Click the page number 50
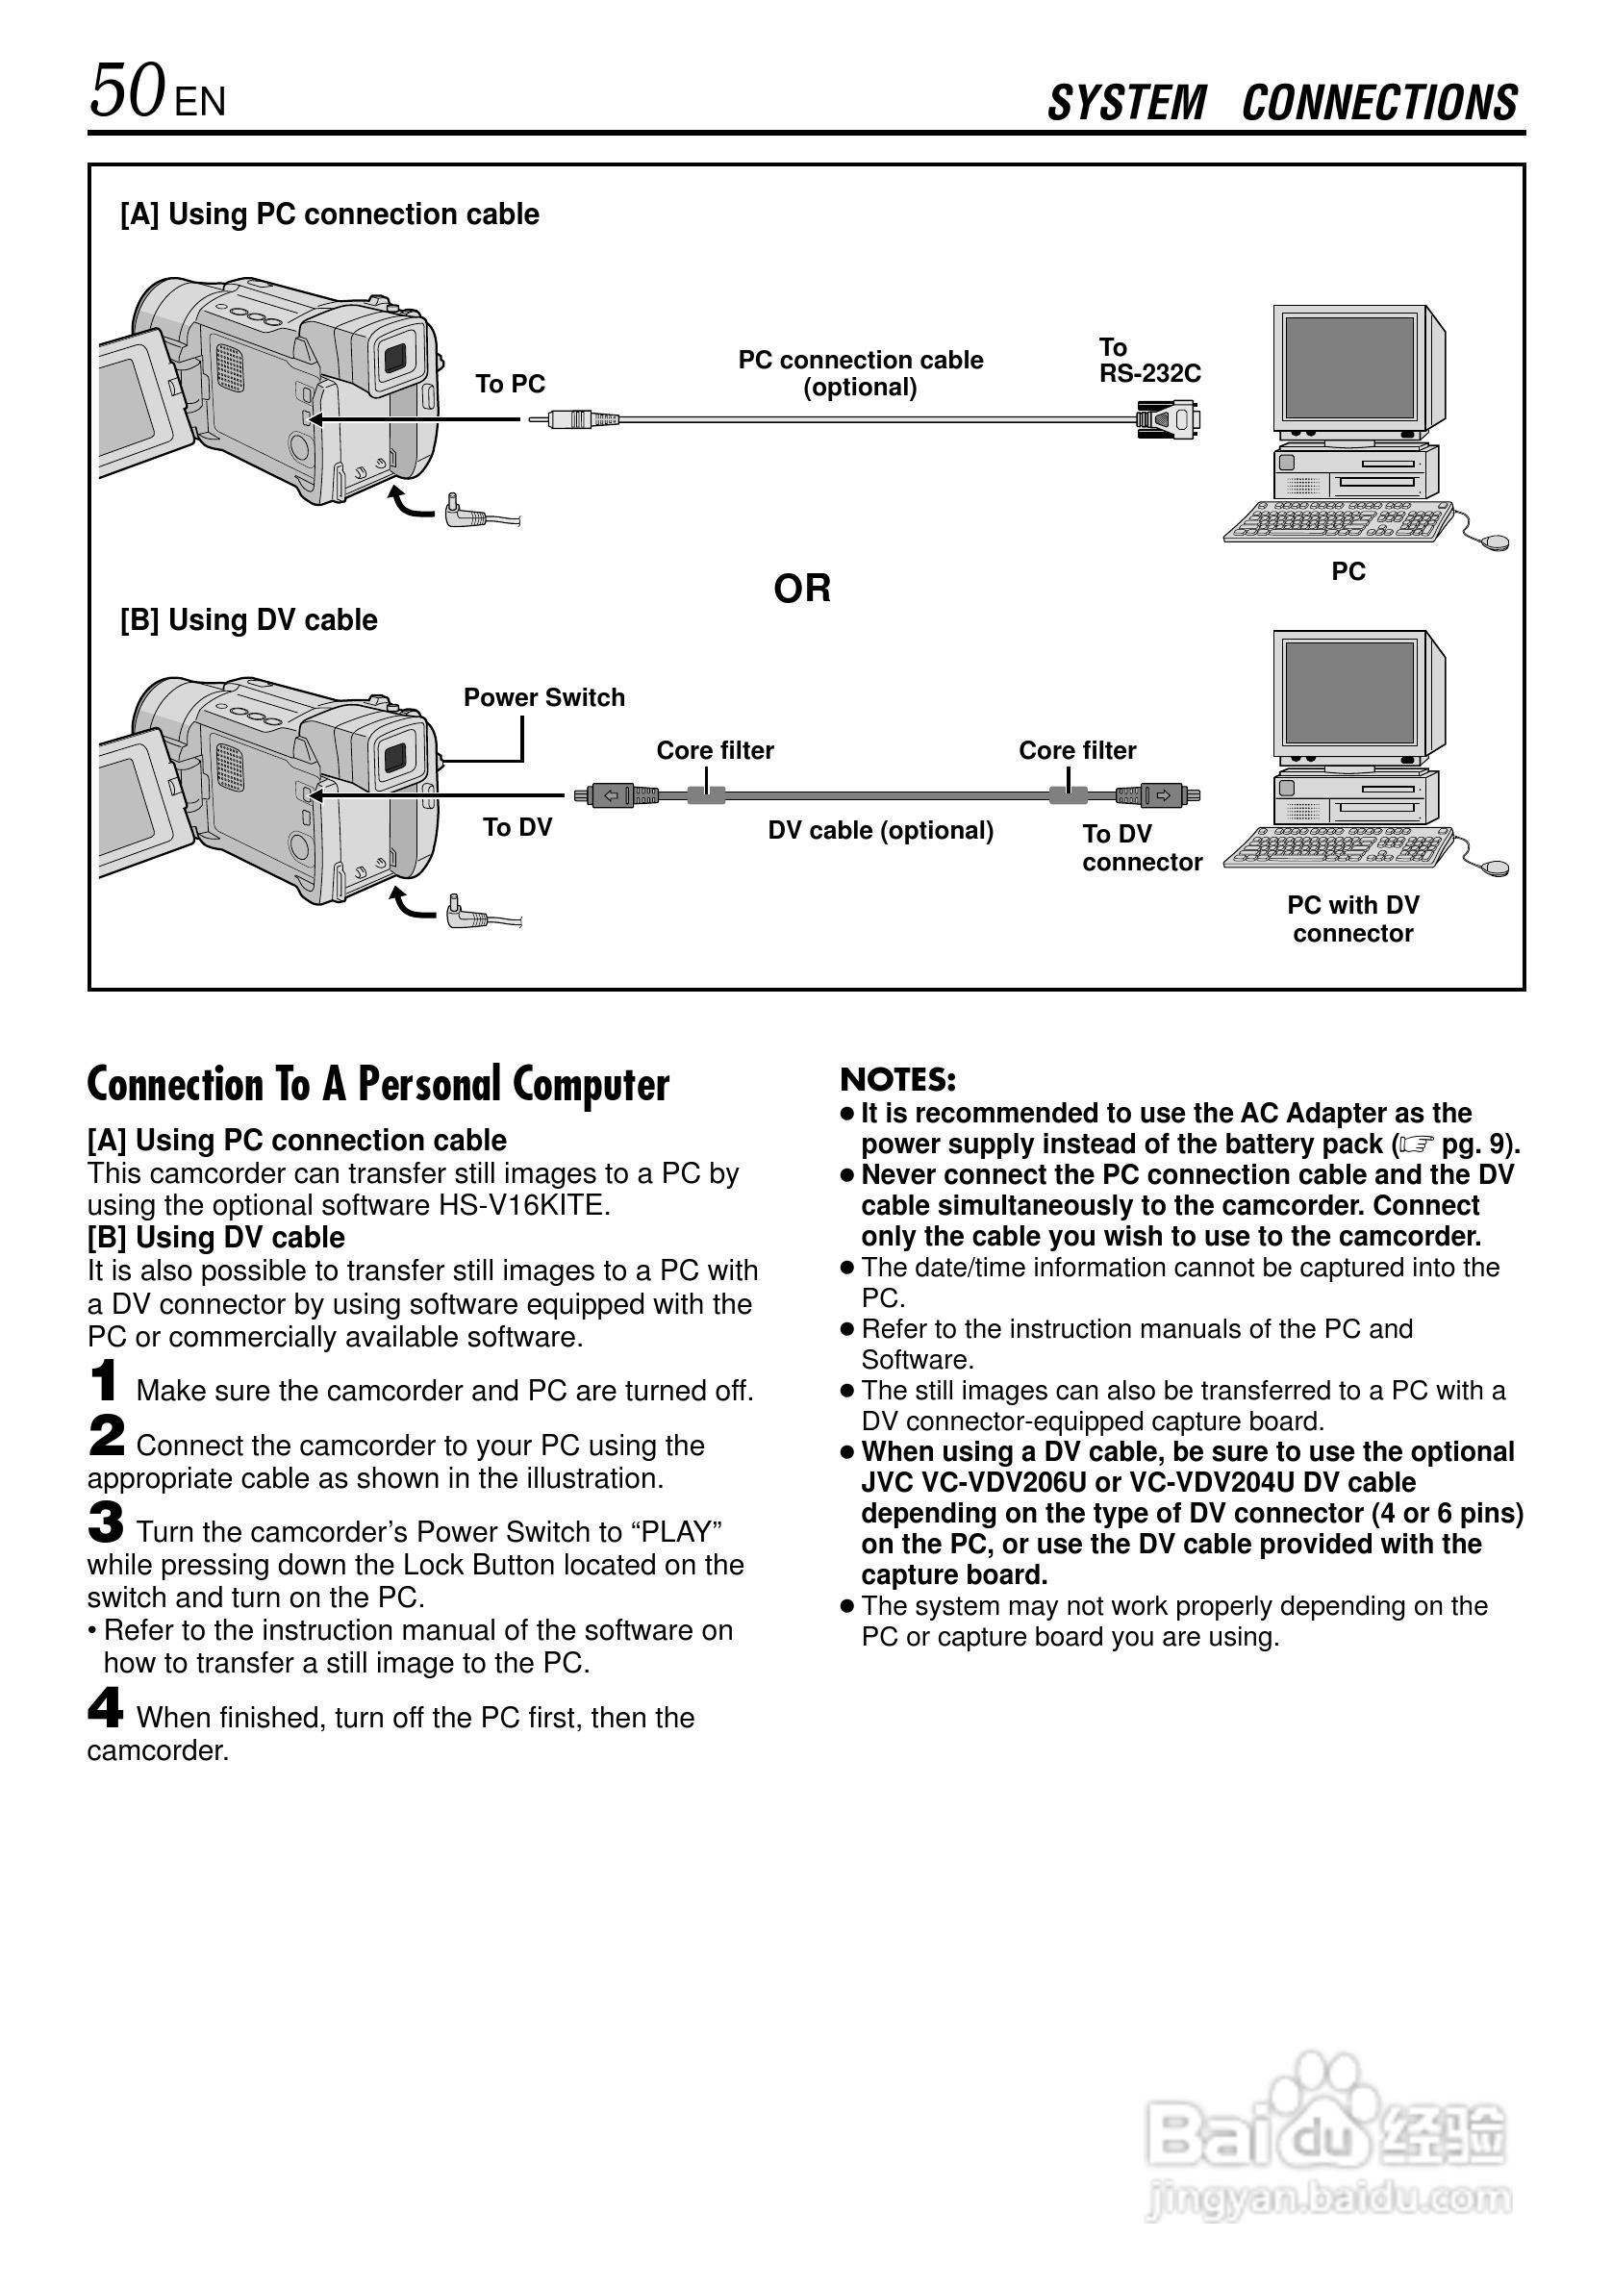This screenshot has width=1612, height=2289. [x=127, y=91]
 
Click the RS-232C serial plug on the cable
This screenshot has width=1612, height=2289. [x=1169, y=418]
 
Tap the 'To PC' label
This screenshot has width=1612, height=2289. [x=510, y=384]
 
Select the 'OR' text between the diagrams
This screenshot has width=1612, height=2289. [x=801, y=589]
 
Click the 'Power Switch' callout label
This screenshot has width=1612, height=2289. [x=543, y=697]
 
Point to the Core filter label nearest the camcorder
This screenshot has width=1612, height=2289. [x=715, y=750]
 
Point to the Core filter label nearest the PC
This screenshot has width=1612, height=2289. [x=1076, y=750]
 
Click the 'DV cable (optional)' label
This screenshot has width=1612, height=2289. [x=880, y=830]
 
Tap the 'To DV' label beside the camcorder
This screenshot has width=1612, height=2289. [x=517, y=826]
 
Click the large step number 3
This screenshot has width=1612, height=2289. [x=106, y=1522]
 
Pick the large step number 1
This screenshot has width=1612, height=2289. [x=104, y=1382]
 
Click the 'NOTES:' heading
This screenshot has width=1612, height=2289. [x=898, y=1080]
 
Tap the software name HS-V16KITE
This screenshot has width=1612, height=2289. [x=523, y=1205]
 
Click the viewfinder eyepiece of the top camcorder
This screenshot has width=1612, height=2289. [x=394, y=354]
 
